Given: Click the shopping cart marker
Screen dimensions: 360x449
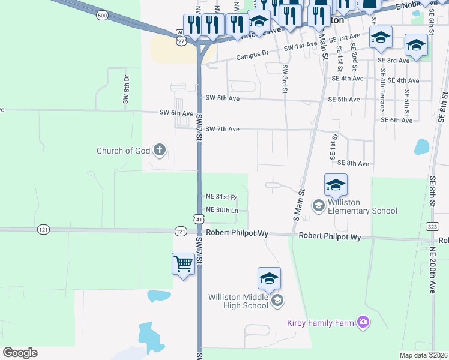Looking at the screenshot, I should click(183, 263).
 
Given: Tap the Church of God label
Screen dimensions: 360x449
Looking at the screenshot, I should click(123, 151).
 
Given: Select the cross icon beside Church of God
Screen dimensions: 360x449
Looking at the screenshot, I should click(159, 150).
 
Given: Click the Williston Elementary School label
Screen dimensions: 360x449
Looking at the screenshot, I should click(362, 210).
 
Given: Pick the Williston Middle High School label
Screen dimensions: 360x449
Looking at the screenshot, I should click(238, 301).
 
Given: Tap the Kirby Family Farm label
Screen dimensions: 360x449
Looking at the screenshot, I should click(321, 323).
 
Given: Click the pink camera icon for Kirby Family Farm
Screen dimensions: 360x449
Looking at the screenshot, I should click(363, 323).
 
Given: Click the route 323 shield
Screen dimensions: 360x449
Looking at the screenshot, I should click(431, 226).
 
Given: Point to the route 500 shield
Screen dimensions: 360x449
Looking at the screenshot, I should click(102, 16).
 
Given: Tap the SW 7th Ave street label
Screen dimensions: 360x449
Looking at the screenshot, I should click(222, 129).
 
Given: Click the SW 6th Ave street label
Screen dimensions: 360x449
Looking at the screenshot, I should click(176, 113).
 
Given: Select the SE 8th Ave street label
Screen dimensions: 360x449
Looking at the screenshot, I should click(353, 163).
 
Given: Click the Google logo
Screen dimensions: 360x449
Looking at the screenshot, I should click(20, 353).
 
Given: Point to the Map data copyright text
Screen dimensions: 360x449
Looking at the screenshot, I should click(423, 355).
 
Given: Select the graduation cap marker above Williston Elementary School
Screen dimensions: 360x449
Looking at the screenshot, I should click(336, 185).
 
